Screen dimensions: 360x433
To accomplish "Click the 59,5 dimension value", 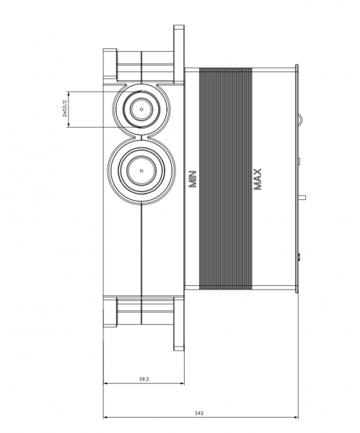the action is click(x=144, y=379).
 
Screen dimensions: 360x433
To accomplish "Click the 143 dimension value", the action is click(x=199, y=413).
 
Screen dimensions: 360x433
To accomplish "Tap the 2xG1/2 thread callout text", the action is click(x=65, y=108).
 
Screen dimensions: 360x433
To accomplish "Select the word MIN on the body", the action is click(x=193, y=179).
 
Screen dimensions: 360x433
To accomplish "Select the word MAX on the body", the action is click(x=258, y=179).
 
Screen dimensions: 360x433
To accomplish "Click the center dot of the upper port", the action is click(x=141, y=110).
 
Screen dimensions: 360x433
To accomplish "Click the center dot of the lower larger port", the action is click(x=141, y=170).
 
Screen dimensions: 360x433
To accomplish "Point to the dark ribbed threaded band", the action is click(x=226, y=179).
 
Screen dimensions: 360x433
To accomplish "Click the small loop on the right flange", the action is click(x=300, y=119).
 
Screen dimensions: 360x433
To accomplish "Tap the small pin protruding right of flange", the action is click(x=302, y=198).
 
